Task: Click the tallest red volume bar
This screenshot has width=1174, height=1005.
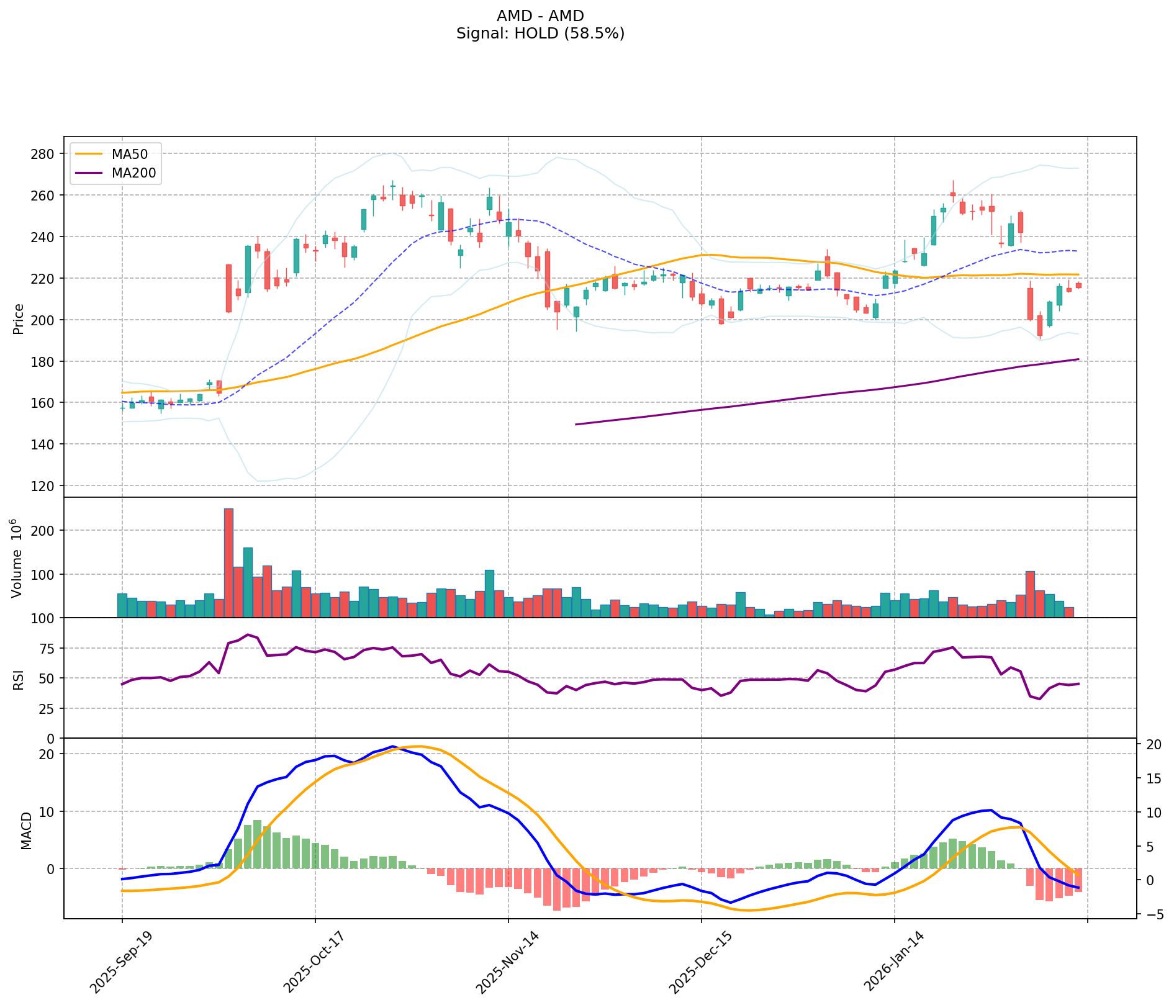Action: click(x=228, y=562)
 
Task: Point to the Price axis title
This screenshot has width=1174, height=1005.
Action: click(x=19, y=318)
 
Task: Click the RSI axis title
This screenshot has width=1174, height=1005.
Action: click(x=19, y=679)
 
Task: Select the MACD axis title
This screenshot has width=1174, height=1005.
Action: click(x=26, y=830)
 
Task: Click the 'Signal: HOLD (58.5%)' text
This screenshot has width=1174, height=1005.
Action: click(x=540, y=34)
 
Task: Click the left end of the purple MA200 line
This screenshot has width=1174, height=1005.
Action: click(x=576, y=425)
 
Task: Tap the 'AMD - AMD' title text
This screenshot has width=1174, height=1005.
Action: click(x=540, y=16)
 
